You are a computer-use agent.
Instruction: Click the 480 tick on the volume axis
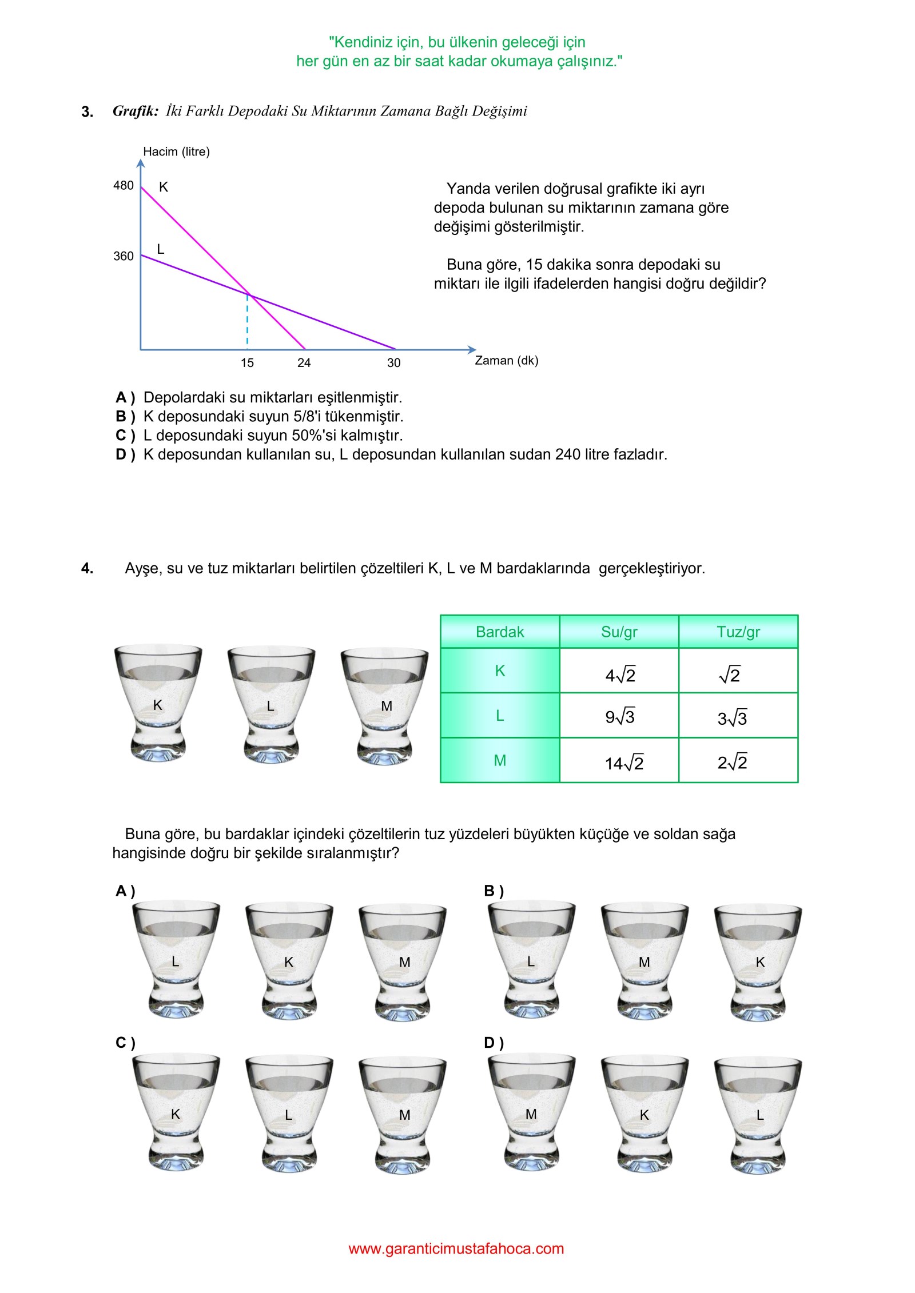(x=124, y=185)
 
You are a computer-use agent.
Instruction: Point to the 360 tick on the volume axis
(x=124, y=256)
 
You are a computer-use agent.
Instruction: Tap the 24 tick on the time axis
(x=304, y=362)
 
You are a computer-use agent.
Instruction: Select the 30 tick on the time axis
(x=393, y=362)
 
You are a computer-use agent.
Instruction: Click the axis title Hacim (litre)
(x=176, y=151)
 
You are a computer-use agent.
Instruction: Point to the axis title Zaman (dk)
(x=506, y=360)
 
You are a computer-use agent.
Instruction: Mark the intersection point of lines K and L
(x=248, y=294)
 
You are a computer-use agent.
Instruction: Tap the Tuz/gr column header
(x=738, y=632)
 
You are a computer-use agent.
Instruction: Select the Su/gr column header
(x=619, y=632)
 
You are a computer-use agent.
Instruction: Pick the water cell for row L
(x=619, y=716)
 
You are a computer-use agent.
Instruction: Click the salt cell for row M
(x=733, y=762)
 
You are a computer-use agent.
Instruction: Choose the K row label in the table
(x=500, y=671)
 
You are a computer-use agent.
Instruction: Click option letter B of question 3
(x=125, y=416)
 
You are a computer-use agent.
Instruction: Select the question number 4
(x=87, y=568)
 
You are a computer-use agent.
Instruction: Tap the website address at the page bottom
(x=456, y=1248)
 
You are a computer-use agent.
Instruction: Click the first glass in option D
(x=531, y=1115)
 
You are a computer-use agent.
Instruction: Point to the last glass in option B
(x=758, y=963)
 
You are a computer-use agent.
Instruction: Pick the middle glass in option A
(x=289, y=963)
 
